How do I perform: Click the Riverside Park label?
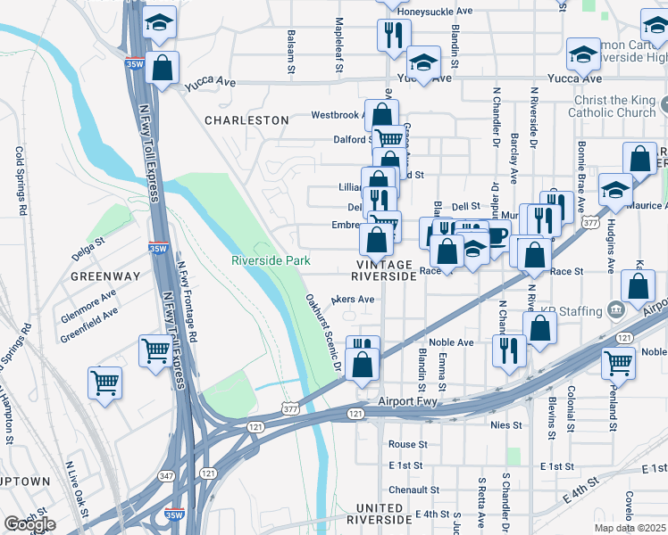pyautogui.click(x=271, y=260)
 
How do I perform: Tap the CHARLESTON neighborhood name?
pyautogui.click(x=246, y=119)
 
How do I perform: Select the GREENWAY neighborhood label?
pyautogui.click(x=104, y=276)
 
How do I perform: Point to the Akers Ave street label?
pyautogui.click(x=353, y=300)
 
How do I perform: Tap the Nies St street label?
pyautogui.click(x=505, y=425)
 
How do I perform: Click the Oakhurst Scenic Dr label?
pyautogui.click(x=323, y=332)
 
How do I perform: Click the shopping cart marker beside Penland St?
pyautogui.click(x=618, y=362)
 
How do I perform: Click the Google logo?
pyautogui.click(x=29, y=523)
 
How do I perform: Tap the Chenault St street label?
pyautogui.click(x=413, y=490)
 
